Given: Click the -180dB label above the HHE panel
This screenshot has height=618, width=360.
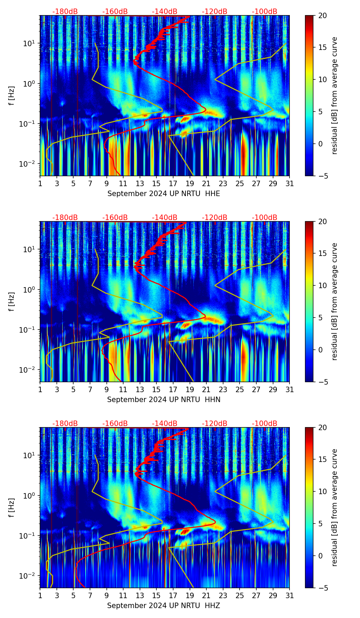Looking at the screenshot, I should tap(65, 12).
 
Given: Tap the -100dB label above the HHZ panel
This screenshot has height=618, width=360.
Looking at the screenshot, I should tap(265, 424).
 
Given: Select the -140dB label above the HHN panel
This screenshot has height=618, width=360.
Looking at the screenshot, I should tap(165, 218).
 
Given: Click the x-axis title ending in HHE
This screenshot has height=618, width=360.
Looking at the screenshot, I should tap(164, 194).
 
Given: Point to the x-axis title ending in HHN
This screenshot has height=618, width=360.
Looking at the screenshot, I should tap(164, 400).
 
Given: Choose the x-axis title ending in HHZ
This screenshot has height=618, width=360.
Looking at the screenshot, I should tap(163, 606).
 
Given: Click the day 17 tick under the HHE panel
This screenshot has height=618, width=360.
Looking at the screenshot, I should tap(173, 184).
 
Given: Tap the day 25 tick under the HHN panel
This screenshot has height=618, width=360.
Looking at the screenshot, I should tap(240, 390).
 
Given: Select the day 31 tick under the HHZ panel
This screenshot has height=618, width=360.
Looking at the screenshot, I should tap(290, 596).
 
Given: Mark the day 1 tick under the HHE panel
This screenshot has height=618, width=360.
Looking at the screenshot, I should tap(40, 184).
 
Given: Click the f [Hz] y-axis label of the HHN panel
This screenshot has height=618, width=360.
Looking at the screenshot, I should tap(11, 301).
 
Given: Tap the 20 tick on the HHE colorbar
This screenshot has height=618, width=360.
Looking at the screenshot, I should tap(322, 16).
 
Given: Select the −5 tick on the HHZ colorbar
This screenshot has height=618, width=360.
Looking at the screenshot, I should tap(322, 588).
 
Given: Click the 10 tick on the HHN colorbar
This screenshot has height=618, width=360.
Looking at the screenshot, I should tap(322, 285).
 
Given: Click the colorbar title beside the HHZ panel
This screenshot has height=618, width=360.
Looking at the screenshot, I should tap(334, 507).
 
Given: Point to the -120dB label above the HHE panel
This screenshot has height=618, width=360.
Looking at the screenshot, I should tap(215, 12).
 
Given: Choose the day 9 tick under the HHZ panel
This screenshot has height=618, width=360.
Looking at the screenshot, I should tap(106, 596).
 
